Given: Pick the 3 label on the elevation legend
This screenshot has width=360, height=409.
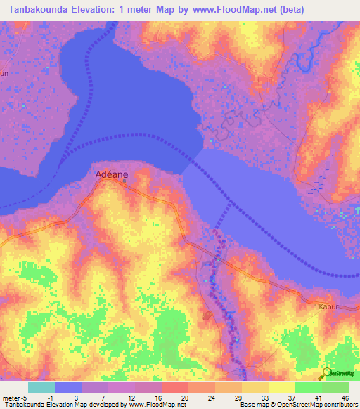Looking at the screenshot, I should [x=75, y=397].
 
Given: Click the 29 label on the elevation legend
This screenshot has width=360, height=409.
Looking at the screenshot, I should [x=237, y=397].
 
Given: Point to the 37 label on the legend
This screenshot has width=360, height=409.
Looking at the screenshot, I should [x=290, y=397].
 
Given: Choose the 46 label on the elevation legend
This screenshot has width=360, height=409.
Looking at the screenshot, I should [x=344, y=397].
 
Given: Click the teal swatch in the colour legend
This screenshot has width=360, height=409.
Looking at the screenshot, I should [x=41, y=387].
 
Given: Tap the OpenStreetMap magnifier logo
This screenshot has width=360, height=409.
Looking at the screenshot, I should [x=327, y=373].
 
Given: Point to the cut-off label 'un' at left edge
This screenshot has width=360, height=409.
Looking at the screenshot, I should [x=4, y=72].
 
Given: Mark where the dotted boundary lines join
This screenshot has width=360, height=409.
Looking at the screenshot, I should [x=231, y=204].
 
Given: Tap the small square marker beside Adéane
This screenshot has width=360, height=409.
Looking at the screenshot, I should [x=124, y=181].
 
